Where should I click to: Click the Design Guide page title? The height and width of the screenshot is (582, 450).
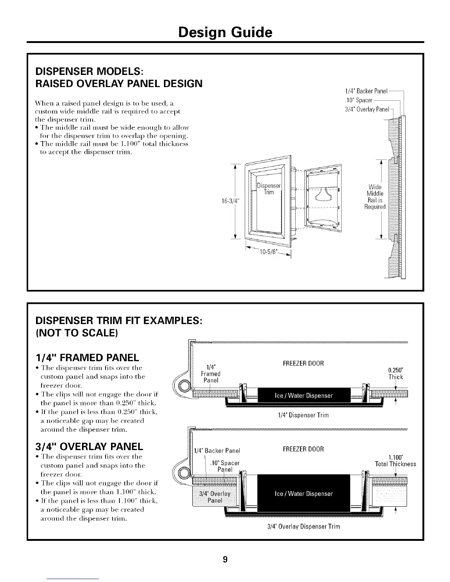pos(225,32)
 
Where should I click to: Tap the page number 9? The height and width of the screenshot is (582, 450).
pos(225,560)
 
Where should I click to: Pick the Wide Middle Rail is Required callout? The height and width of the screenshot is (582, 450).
pos(375,197)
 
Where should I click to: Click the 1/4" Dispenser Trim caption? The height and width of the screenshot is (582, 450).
pos(303,415)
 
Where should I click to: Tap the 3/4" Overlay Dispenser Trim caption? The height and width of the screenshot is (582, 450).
pos(304,526)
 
